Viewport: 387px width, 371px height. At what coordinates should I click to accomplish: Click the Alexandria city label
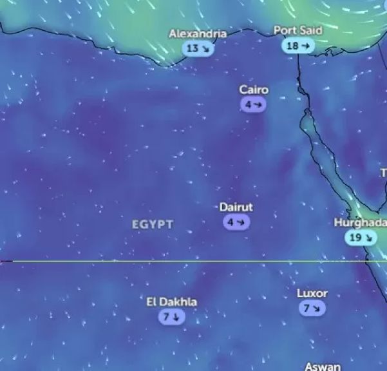(x=198, y=33)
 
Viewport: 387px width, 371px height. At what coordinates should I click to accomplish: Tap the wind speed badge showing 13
(x=198, y=48)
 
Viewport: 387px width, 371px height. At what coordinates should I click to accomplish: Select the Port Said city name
(x=297, y=30)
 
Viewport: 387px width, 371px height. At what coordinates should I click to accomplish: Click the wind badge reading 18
(x=297, y=46)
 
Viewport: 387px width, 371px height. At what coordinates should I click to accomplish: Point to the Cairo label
(x=254, y=90)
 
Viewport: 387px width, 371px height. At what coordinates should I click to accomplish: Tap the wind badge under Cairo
(x=254, y=104)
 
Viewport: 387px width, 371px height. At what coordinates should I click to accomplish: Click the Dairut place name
(x=236, y=207)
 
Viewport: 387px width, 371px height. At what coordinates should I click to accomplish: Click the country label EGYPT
(x=153, y=224)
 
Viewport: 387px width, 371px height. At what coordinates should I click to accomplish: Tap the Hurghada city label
(x=360, y=223)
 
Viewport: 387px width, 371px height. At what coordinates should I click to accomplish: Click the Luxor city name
(x=312, y=293)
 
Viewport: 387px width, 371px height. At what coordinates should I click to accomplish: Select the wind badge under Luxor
(x=312, y=309)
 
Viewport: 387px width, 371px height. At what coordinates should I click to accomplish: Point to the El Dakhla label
(x=172, y=302)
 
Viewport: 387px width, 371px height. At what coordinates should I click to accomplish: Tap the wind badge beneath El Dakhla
(x=172, y=317)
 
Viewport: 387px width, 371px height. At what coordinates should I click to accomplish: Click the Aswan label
(x=323, y=366)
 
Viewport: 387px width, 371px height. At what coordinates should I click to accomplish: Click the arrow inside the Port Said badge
(x=306, y=46)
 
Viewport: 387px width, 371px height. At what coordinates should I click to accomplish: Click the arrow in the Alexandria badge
(x=205, y=48)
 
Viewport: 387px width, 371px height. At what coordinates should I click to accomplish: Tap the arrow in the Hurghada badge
(x=368, y=238)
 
